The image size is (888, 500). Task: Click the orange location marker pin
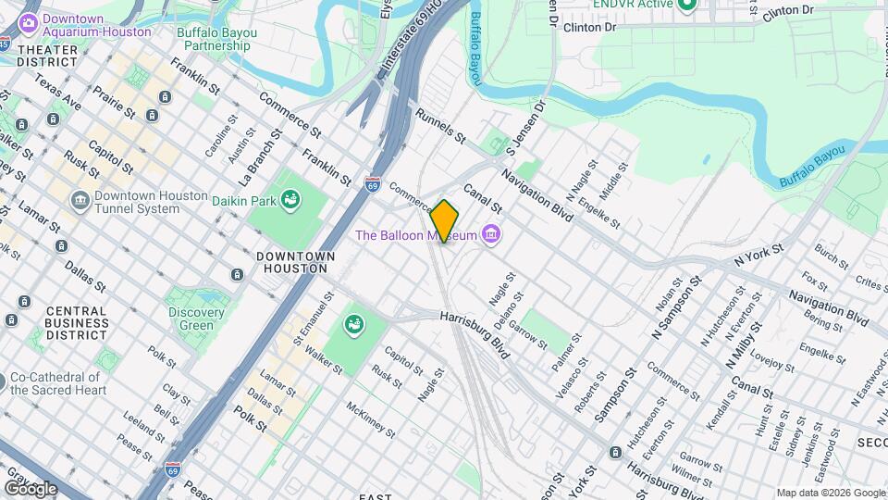coord(445,221)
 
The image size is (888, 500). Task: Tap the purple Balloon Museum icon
coord(492,235)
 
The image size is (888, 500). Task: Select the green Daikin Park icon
coord(290,198)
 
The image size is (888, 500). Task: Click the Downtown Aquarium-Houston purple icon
coord(29,19)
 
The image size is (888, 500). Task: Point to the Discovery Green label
coord(190,319)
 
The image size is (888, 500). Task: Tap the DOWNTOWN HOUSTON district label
coord(291,262)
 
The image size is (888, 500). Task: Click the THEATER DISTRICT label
coord(47,56)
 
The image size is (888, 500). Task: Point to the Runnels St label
coord(440,126)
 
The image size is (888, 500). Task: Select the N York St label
coord(758,256)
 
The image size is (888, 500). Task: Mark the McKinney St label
coord(370,419)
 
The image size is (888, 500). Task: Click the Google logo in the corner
coord(31,488)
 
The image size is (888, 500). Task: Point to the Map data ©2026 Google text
coord(830,494)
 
